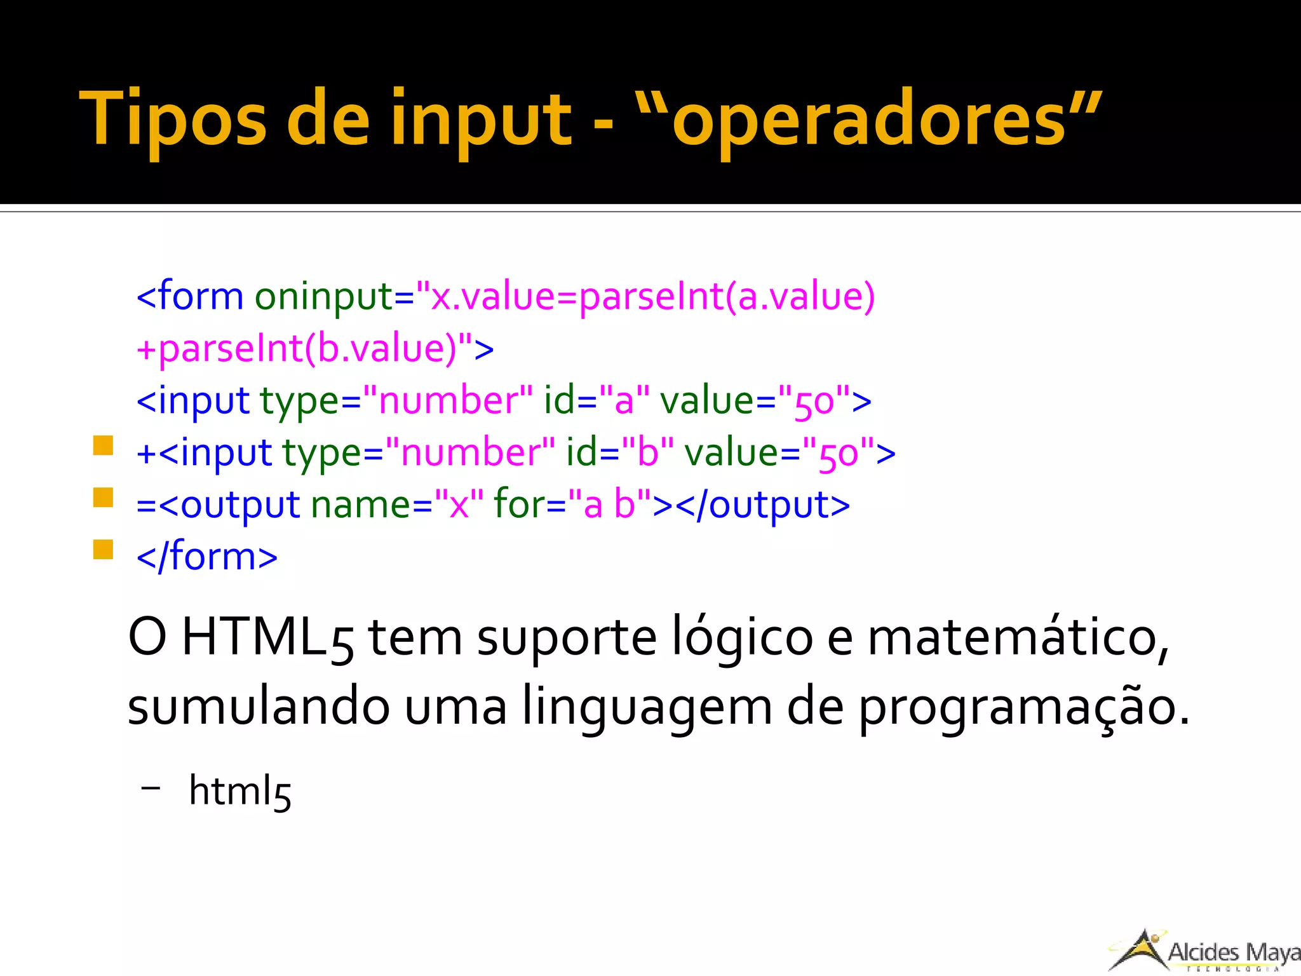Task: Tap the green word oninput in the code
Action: [x=324, y=297]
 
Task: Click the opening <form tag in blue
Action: [x=189, y=297]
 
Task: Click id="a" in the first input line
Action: [x=597, y=401]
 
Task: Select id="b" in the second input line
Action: [x=619, y=453]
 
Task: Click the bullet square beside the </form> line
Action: [x=103, y=549]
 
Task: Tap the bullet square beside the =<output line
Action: [x=103, y=497]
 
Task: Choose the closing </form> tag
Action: [x=207, y=557]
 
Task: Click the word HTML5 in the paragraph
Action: [x=267, y=637]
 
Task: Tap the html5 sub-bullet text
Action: [x=240, y=791]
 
